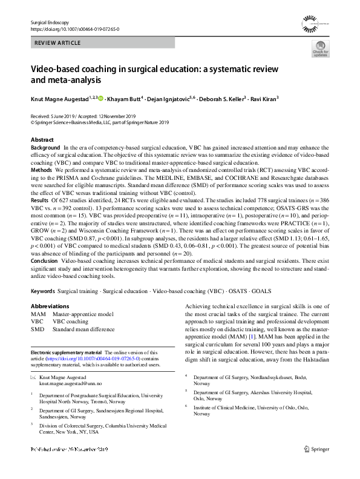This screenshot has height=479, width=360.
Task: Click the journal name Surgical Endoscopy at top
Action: click(x=51, y=22)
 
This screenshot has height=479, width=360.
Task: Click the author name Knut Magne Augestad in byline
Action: click(x=59, y=98)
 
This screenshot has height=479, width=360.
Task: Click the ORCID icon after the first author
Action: click(x=100, y=98)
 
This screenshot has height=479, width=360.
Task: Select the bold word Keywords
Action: click(x=44, y=291)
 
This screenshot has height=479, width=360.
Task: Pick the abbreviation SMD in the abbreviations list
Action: click(x=37, y=329)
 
